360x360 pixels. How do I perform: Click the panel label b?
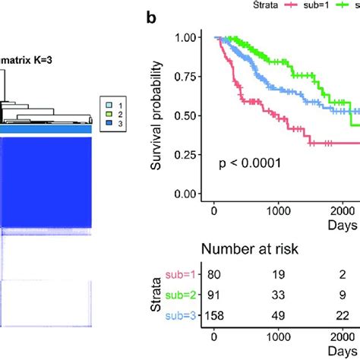coord(152,17)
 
